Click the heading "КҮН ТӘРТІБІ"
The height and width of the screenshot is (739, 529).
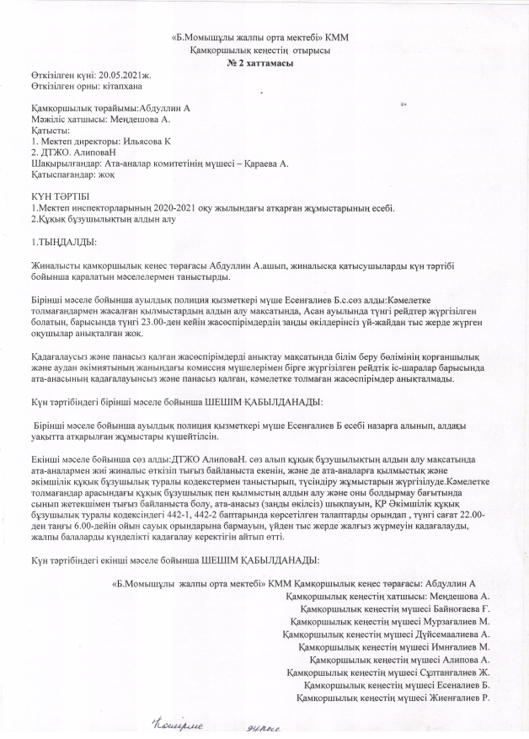pyautogui.click(x=54, y=196)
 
